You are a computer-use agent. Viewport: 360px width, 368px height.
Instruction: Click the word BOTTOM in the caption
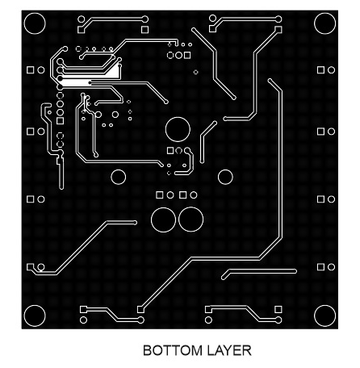click(173, 350)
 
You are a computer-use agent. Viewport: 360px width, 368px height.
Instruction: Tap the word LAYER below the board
click(229, 350)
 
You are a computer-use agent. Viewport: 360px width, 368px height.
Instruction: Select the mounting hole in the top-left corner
click(35, 23)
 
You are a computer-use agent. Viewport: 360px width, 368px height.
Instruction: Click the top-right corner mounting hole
click(324, 23)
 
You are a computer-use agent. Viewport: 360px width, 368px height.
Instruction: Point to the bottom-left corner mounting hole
click(35, 316)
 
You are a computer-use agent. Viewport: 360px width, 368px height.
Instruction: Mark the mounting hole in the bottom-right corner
click(324, 316)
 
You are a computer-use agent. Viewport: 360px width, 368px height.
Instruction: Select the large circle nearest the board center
click(178, 129)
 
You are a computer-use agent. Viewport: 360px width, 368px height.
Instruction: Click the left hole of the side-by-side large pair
click(164, 220)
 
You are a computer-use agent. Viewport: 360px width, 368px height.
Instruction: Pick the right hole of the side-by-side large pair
click(190, 220)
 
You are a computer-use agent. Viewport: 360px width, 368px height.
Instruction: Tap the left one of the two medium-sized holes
click(119, 177)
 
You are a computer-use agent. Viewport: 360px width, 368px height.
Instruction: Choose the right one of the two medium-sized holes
click(225, 177)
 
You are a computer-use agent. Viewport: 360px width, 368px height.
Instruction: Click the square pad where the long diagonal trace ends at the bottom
click(140, 310)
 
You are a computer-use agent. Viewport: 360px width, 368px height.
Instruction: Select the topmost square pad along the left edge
click(31, 70)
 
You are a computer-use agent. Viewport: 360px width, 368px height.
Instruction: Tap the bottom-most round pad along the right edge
click(331, 267)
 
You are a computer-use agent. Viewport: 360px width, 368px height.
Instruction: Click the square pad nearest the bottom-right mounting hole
click(278, 309)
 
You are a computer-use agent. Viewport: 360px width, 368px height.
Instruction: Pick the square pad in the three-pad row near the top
click(187, 56)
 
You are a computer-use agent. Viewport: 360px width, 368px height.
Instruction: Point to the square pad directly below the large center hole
click(170, 151)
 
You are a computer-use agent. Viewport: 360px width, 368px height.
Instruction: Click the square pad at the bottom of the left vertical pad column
click(60, 121)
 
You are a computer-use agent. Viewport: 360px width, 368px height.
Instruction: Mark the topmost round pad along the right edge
click(331, 70)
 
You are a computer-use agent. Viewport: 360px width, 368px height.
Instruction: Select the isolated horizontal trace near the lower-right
click(259, 273)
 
